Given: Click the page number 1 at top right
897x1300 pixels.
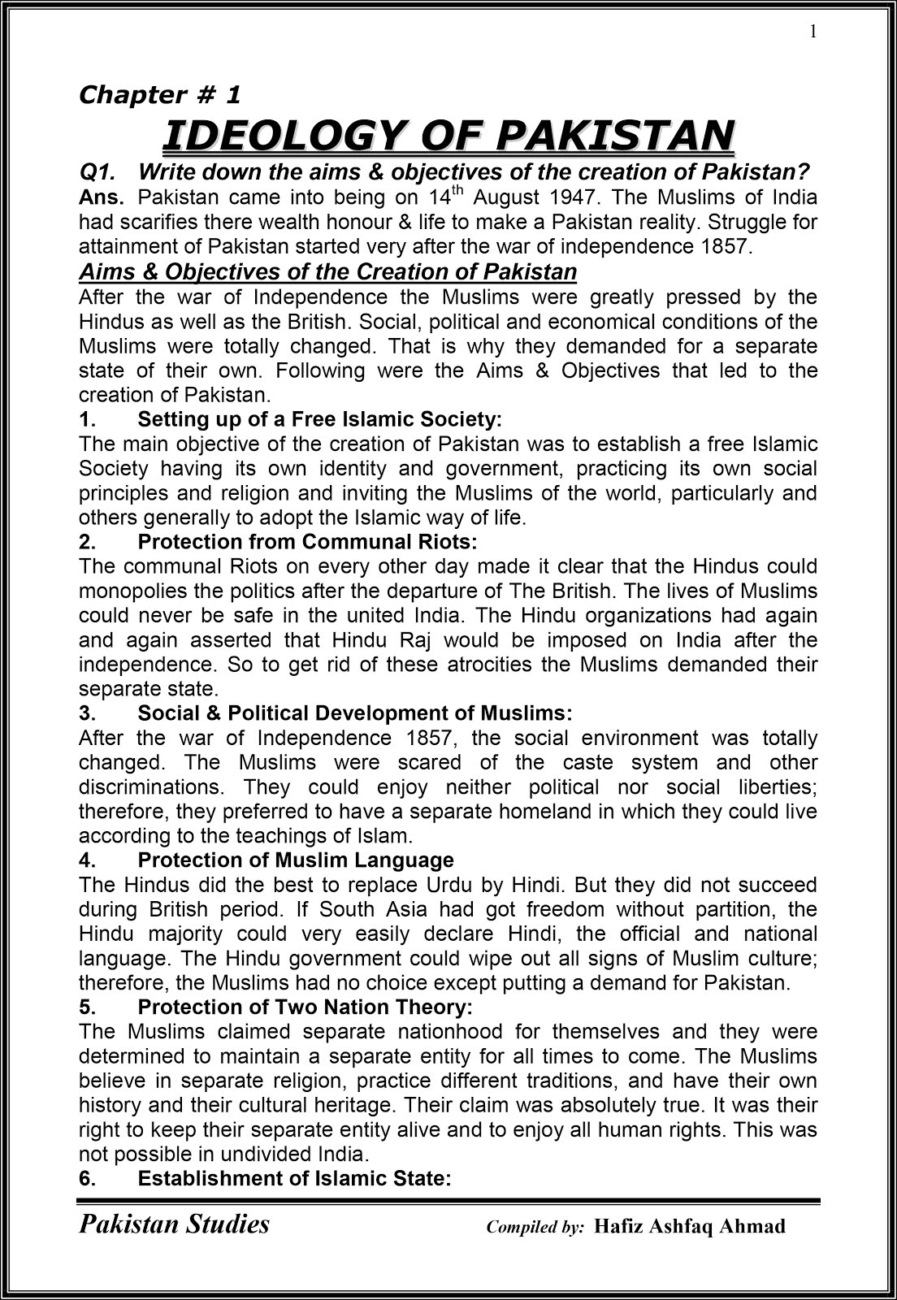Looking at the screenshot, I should (x=812, y=32).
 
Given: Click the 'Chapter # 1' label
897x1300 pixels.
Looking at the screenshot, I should (x=159, y=95).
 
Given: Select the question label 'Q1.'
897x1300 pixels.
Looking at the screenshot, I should (x=97, y=172).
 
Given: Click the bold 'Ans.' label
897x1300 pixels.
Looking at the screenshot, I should (x=102, y=197).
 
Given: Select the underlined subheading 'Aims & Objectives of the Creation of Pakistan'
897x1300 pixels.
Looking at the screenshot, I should (x=327, y=271).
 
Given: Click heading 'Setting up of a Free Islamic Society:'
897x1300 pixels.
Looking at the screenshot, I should (x=319, y=419).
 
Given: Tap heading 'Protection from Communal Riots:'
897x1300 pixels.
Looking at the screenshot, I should (x=307, y=541).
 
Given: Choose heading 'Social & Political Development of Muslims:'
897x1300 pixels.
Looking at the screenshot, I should (x=355, y=713).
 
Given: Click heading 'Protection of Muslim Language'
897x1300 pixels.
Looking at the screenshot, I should (x=296, y=860).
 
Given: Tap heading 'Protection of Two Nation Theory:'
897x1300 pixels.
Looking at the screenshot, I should (x=305, y=1007).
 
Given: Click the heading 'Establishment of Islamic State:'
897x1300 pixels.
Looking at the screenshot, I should (x=294, y=1177).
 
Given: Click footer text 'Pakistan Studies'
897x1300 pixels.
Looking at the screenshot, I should (x=174, y=1224).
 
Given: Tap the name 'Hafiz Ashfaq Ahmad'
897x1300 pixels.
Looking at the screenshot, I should (x=690, y=1226).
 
